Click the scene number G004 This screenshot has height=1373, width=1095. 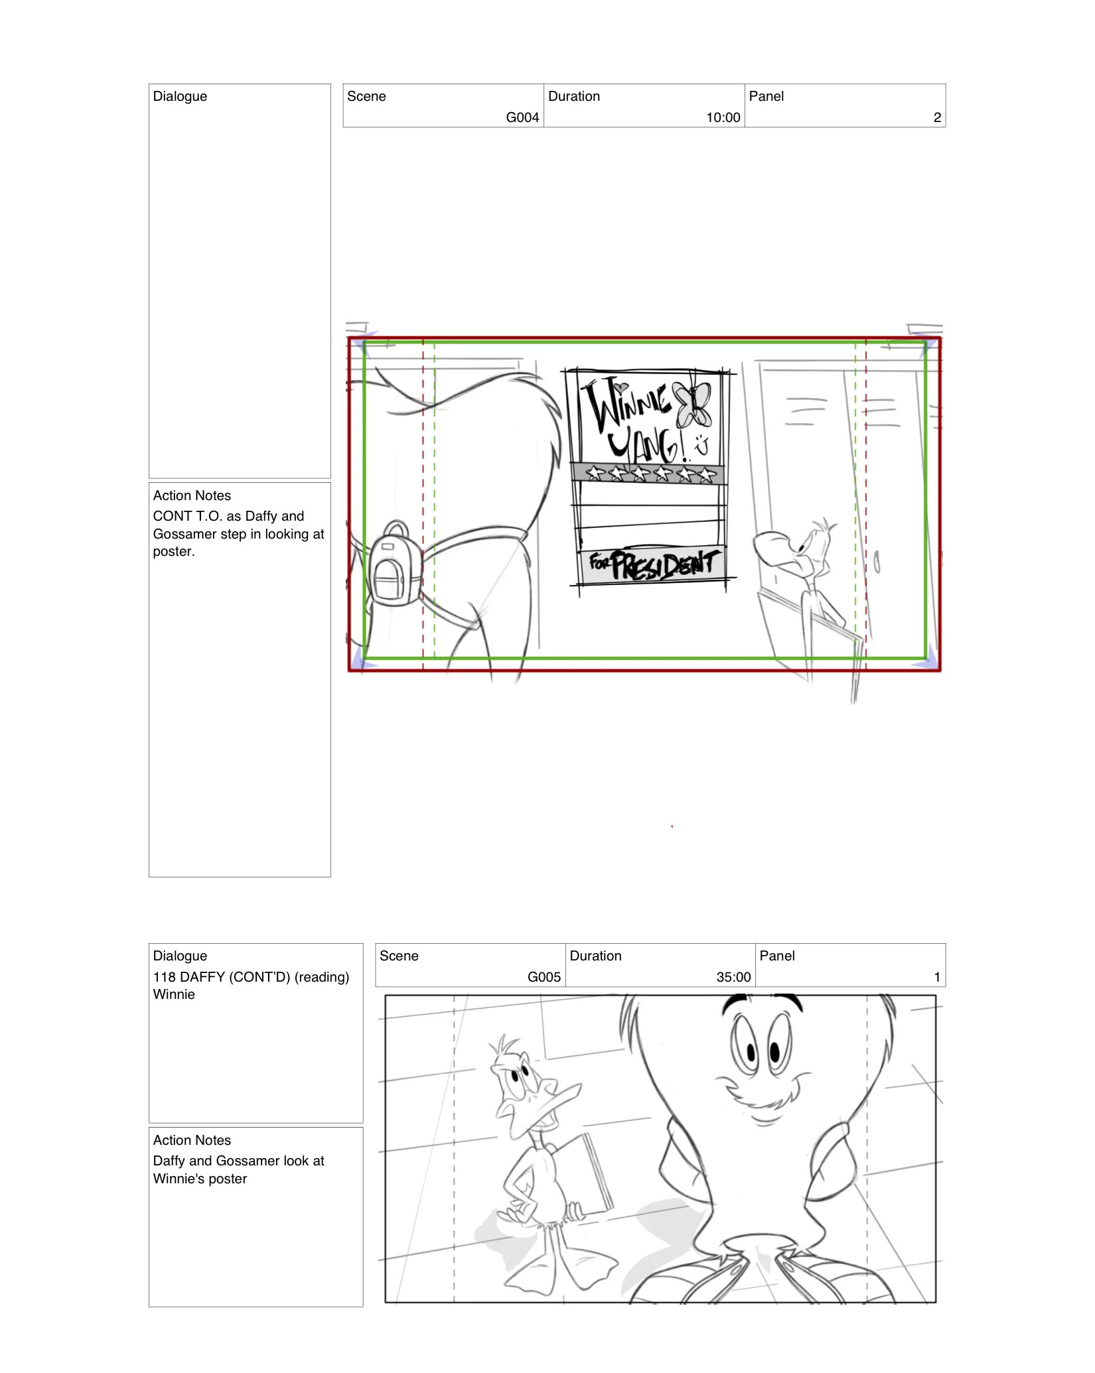click(x=522, y=117)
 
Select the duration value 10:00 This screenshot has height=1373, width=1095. click(x=723, y=117)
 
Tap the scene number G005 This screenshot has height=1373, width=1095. click(x=544, y=977)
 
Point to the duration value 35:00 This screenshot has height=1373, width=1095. click(x=733, y=977)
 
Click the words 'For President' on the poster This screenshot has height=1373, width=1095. click(x=654, y=564)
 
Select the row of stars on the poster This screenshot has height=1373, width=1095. click(x=648, y=474)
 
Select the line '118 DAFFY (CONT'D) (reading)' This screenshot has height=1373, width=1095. click(x=251, y=977)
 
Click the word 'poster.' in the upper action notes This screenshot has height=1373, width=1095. click(x=174, y=552)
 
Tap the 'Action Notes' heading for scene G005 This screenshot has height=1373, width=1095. click(x=192, y=1140)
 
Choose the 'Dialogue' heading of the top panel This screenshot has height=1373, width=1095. click(x=180, y=96)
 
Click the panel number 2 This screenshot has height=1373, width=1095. click(x=937, y=117)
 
